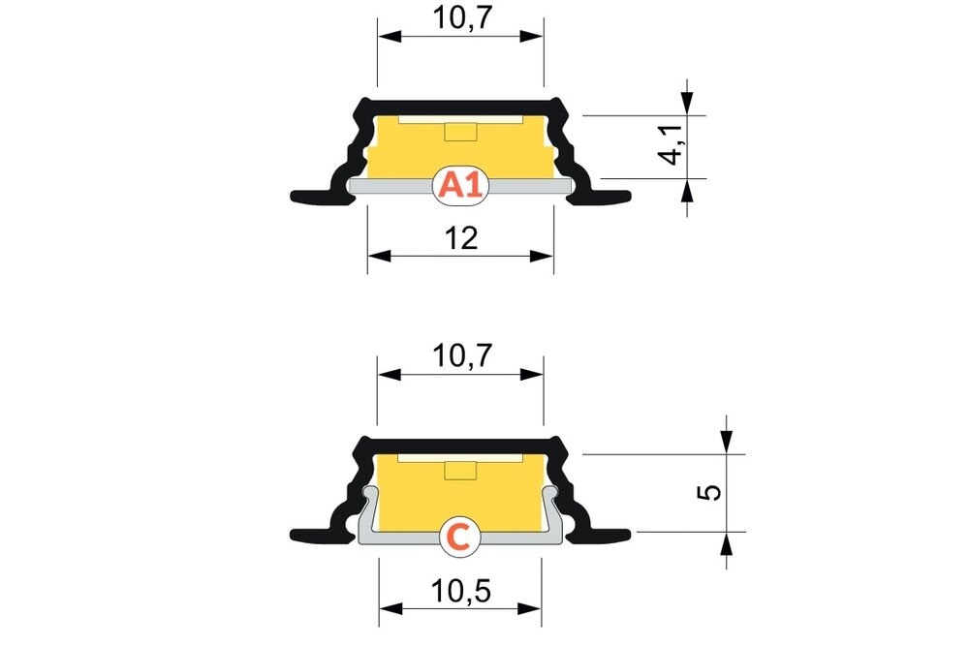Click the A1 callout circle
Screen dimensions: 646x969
pos(460,184)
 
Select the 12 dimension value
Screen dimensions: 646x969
pos(461,238)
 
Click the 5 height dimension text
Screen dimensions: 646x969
pos(710,492)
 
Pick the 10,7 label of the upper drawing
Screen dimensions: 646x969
pos(460,16)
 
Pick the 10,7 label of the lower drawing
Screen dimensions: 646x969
pos(460,355)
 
